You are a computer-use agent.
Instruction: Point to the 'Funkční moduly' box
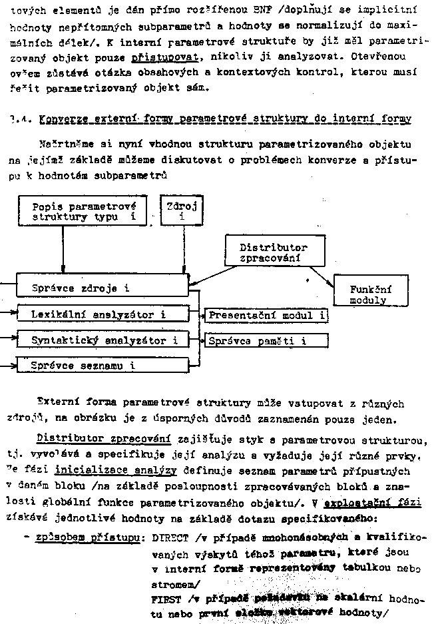point(370,294)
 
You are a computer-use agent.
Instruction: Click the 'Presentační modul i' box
point(266,314)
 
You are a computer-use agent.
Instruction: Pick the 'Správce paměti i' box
point(266,341)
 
